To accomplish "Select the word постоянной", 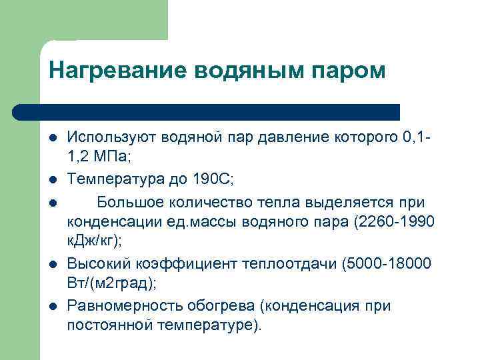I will pyautogui.click(x=111, y=326).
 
